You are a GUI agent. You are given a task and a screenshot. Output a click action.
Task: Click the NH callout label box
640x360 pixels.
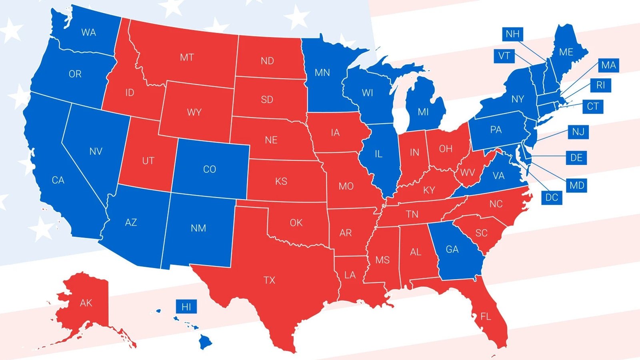(x=512, y=34)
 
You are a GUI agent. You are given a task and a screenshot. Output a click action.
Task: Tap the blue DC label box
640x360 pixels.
(x=552, y=197)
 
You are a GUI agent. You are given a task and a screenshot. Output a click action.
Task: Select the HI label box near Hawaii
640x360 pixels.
(x=186, y=307)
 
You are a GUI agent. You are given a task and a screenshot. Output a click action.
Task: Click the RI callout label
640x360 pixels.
(x=600, y=85)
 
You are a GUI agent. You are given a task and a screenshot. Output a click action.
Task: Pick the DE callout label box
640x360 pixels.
(x=576, y=158)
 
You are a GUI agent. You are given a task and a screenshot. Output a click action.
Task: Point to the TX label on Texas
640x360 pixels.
(x=269, y=280)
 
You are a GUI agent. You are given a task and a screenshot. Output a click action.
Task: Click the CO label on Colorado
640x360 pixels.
(x=209, y=169)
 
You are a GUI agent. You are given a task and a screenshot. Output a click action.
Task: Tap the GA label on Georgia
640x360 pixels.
(x=452, y=249)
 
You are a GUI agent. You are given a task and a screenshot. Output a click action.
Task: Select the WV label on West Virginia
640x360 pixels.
(x=467, y=173)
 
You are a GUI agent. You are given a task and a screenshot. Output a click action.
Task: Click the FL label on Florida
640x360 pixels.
(x=485, y=317)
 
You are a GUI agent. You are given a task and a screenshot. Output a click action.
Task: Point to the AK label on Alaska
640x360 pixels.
(x=86, y=303)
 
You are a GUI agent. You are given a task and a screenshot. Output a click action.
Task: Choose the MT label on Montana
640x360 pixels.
(x=187, y=58)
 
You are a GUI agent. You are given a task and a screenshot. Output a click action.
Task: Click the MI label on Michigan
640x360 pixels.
(x=423, y=112)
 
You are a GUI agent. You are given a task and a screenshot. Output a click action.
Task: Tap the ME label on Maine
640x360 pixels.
(x=566, y=52)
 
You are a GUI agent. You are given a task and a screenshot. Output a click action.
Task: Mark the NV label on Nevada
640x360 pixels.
(x=96, y=151)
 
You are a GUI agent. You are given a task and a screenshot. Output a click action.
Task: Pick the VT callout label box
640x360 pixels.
(x=504, y=56)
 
